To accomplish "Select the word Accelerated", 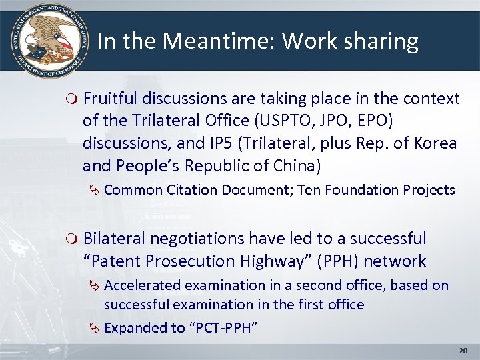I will coord(142,285).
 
